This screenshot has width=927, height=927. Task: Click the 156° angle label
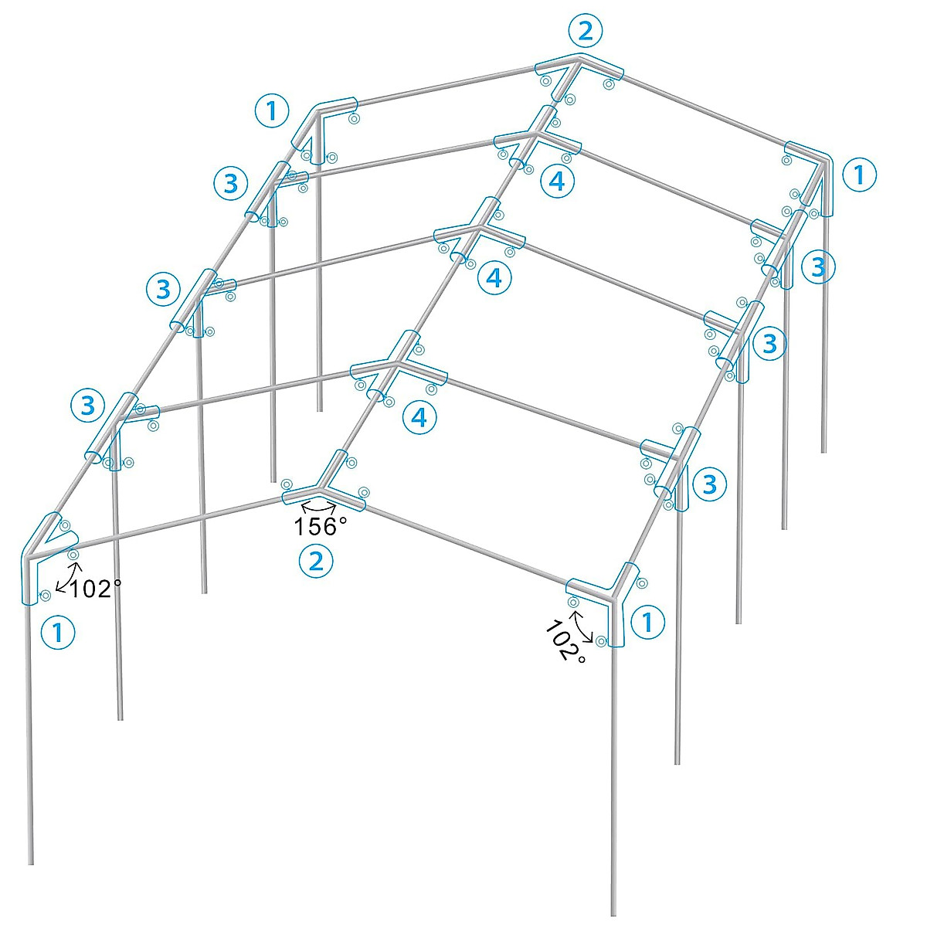point(321,527)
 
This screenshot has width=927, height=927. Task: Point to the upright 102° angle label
point(95,589)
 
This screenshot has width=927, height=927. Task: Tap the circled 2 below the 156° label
point(316,561)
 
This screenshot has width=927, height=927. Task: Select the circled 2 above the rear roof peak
point(585,31)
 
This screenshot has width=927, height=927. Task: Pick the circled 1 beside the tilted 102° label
point(648,621)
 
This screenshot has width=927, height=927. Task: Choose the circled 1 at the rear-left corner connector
point(271,111)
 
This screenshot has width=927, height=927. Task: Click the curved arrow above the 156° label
point(318,506)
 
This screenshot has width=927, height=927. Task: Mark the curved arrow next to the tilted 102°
point(582,626)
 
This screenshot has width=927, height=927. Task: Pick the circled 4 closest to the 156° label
point(419,417)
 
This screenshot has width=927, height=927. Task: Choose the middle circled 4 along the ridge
point(494,277)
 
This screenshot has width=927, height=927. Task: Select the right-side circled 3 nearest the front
point(710,484)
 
